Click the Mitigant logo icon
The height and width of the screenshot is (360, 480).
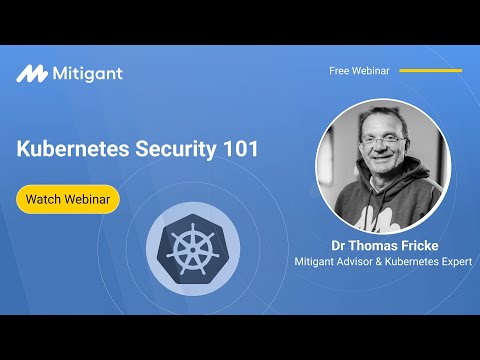click(x=32, y=73)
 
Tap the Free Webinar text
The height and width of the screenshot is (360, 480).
click(x=359, y=71)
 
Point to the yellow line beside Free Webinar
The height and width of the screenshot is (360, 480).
click(x=431, y=71)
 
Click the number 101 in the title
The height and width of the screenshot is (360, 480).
click(x=241, y=149)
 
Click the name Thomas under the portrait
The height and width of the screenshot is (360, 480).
click(x=377, y=244)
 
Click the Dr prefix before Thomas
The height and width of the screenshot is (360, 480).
click(x=339, y=244)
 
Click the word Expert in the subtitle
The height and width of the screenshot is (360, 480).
click(x=452, y=262)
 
